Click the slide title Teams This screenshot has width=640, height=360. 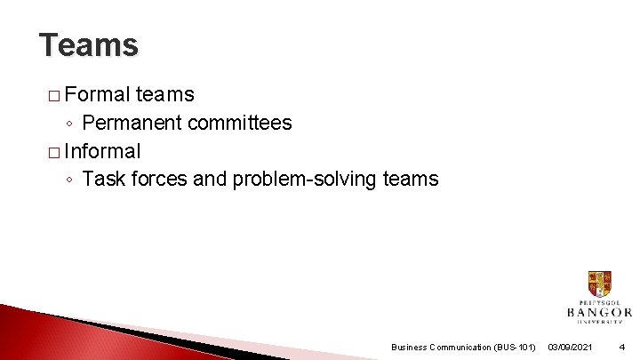tap(89, 44)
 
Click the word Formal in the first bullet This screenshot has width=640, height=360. tap(97, 94)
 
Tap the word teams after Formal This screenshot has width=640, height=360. tap(165, 94)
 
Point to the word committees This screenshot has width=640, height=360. tap(240, 123)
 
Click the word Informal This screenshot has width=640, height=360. tap(102, 150)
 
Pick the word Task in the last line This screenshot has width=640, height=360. tap(103, 179)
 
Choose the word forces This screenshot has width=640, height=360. tap(159, 179)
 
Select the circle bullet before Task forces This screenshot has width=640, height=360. tap(70, 180)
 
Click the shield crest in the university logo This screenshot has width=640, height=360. tap(599, 284)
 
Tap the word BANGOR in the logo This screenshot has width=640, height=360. tap(599, 312)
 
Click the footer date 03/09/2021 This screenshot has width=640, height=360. tap(571, 347)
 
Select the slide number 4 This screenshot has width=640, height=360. tap(621, 347)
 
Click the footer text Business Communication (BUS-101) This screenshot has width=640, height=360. tap(463, 347)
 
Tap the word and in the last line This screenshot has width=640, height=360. tap(210, 179)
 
